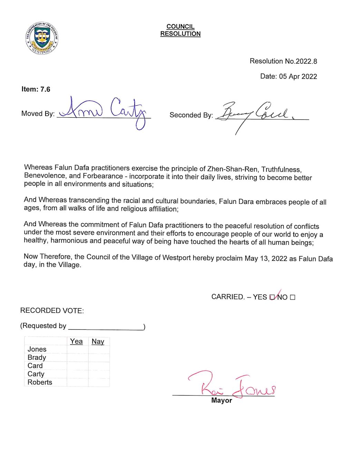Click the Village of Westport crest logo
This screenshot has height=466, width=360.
point(42,38)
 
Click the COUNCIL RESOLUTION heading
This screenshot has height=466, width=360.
point(180,30)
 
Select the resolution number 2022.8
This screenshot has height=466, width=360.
point(306,61)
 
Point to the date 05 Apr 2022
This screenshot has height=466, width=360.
point(298,76)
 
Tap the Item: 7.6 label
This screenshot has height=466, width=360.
point(36,89)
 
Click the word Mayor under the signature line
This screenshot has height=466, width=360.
point(222,400)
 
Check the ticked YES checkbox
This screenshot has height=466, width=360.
point(272,297)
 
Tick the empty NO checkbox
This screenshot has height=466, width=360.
point(293,297)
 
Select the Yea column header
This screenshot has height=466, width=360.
point(76,341)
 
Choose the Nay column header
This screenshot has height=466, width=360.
point(98,341)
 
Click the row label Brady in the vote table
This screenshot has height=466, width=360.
point(37,357)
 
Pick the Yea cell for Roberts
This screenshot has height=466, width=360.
point(78,382)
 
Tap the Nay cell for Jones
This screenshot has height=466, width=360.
point(99,349)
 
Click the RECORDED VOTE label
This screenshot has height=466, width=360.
point(52,310)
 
